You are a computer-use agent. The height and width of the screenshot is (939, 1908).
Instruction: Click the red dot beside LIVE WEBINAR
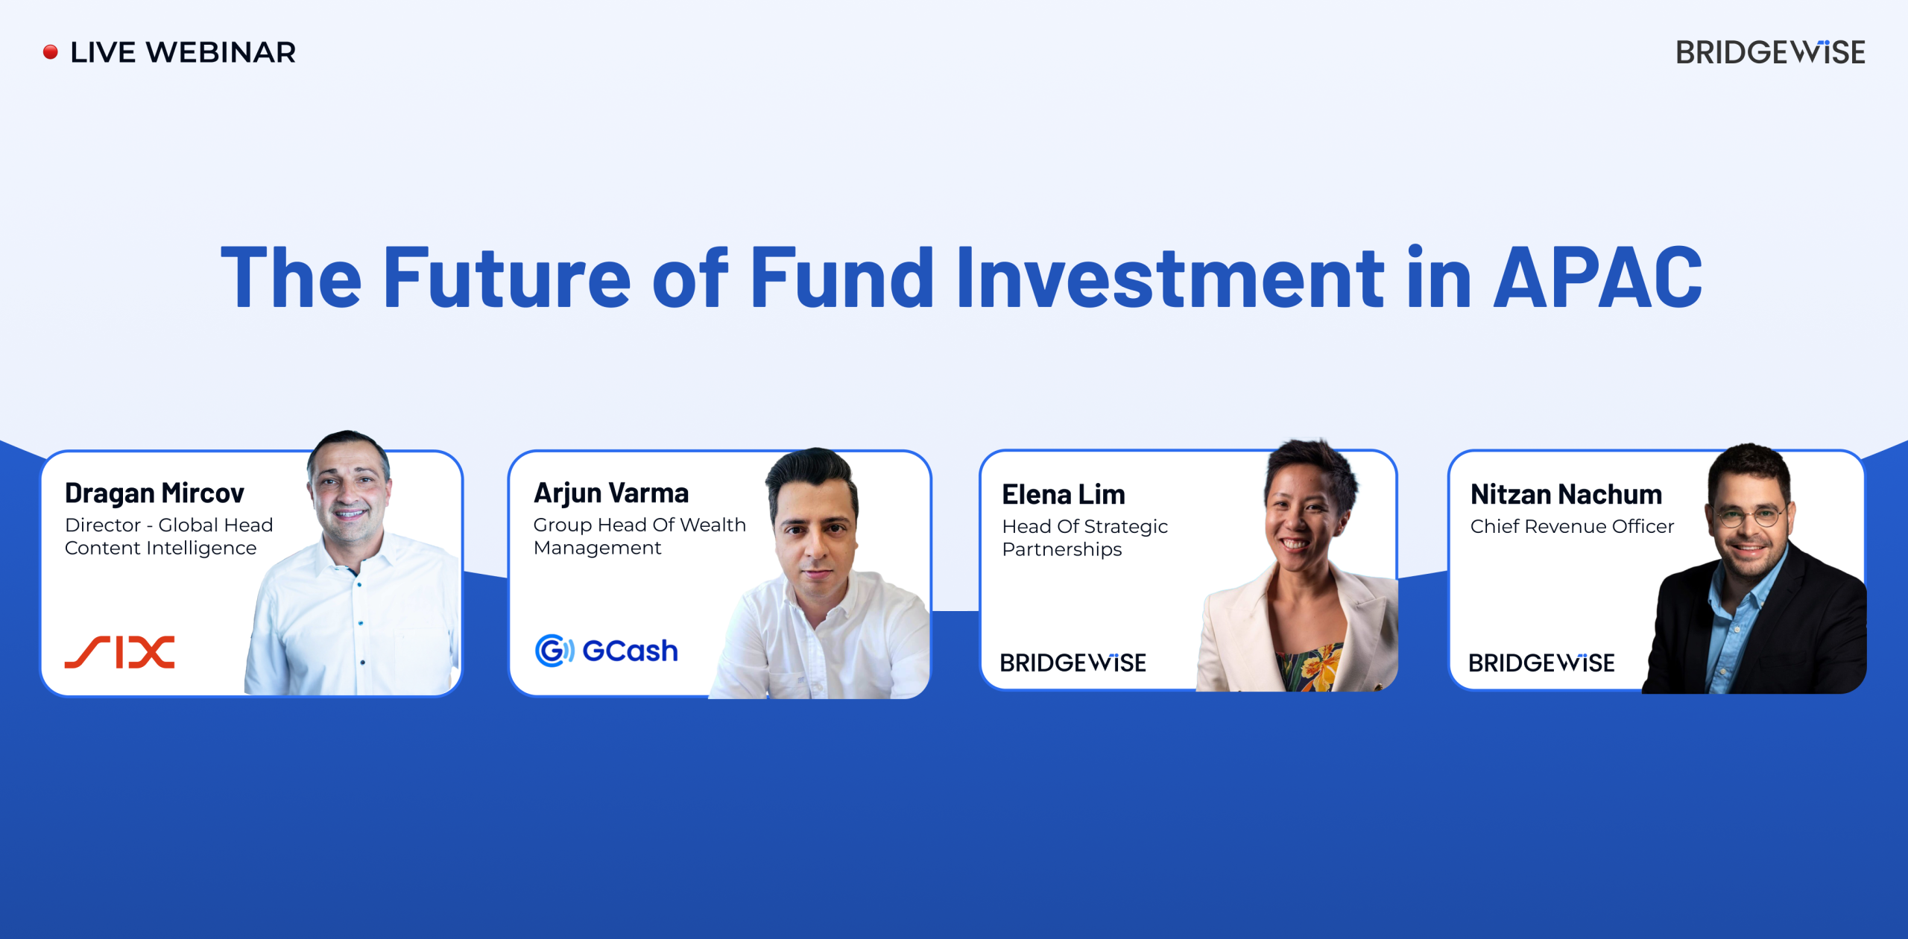(51, 52)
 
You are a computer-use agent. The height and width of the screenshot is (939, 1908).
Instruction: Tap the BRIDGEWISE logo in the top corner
(1771, 52)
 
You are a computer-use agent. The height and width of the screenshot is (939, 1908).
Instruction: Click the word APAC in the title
(1599, 277)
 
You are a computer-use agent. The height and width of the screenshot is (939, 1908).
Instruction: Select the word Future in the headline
(507, 277)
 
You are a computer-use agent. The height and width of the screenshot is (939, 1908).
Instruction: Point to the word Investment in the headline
(1171, 277)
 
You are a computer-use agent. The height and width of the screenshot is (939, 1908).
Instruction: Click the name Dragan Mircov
(154, 493)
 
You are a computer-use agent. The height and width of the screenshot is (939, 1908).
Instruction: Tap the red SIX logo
(120, 652)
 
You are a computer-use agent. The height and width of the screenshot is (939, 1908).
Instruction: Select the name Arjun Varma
(611, 493)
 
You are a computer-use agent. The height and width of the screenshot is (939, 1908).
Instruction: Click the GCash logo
(607, 651)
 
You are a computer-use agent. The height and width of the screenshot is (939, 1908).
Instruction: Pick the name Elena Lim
(1064, 495)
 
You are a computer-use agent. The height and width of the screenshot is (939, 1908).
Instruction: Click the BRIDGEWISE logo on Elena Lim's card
(1073, 663)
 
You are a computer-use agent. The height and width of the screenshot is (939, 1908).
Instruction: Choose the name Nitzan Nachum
(1567, 495)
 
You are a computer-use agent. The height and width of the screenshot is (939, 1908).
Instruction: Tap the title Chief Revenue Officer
(1573, 526)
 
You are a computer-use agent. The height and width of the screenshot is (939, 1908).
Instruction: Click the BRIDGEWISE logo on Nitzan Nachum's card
(1542, 663)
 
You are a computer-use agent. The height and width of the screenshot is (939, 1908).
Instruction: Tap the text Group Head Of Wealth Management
(639, 537)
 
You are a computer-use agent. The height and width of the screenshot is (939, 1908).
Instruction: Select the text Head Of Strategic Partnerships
(1085, 538)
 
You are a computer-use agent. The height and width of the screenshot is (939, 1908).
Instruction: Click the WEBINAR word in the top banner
(221, 52)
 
